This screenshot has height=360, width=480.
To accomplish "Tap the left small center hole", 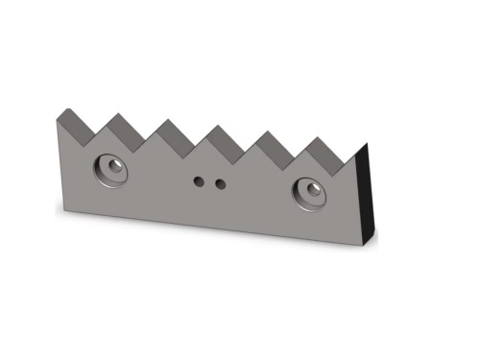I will (x=201, y=180).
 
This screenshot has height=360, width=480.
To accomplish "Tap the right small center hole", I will (x=220, y=182).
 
